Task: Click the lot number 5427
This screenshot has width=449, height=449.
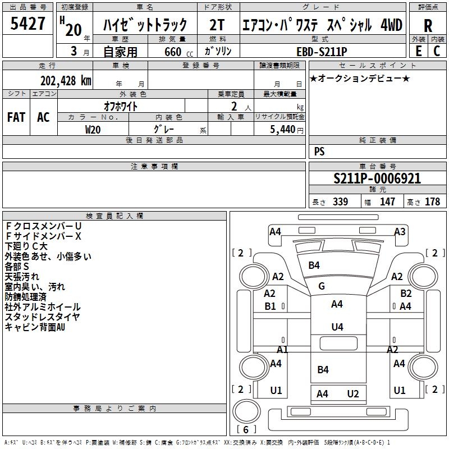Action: (x=28, y=23)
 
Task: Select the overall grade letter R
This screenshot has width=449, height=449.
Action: (x=428, y=26)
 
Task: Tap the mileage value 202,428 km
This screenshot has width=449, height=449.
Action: (x=66, y=81)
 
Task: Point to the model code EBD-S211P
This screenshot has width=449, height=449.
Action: (x=322, y=52)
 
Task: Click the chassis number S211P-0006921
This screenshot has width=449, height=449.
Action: (x=377, y=178)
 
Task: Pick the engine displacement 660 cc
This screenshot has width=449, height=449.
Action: (x=178, y=52)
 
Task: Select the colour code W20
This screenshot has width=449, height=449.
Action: (x=93, y=130)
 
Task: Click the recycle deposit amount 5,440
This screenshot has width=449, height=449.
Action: (x=283, y=130)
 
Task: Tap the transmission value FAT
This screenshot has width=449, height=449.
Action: (x=16, y=117)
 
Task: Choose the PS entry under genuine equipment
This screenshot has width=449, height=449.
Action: (x=319, y=152)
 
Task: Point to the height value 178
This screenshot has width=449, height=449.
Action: (x=432, y=201)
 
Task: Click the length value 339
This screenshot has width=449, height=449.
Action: (x=341, y=201)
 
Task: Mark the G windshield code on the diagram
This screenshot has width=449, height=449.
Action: (x=321, y=286)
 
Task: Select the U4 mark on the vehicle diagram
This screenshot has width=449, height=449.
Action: (x=337, y=327)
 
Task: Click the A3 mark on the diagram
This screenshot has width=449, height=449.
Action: (x=400, y=231)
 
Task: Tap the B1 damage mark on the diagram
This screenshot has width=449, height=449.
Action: (x=270, y=306)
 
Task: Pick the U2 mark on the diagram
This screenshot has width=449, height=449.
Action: (x=353, y=394)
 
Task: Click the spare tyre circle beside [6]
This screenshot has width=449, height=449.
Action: (x=246, y=411)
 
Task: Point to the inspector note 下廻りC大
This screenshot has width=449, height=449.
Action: (x=26, y=246)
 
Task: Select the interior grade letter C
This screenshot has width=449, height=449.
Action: (x=437, y=51)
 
